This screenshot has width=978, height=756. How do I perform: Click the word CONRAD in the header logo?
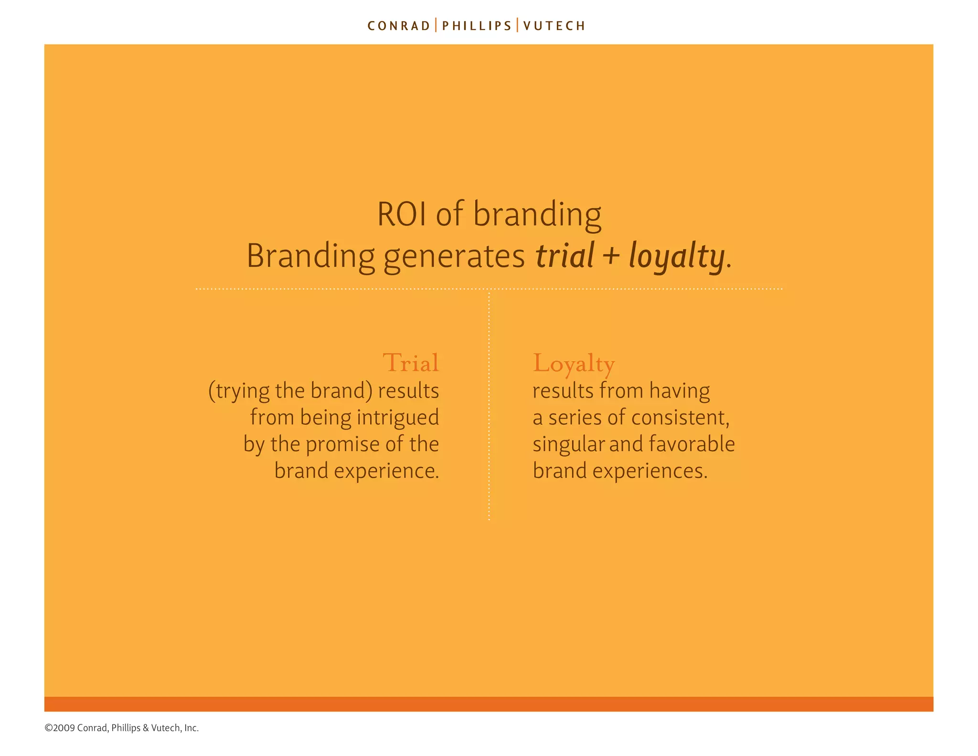click(399, 26)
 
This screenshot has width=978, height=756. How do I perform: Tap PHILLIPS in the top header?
click(477, 26)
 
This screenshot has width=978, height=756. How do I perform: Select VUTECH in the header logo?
click(554, 26)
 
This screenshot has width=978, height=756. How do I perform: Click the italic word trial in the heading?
click(564, 256)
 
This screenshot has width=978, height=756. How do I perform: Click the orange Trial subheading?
click(411, 363)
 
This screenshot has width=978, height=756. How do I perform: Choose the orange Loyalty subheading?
click(574, 364)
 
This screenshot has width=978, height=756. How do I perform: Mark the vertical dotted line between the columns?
click(489, 406)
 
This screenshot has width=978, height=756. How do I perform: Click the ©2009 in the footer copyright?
click(60, 728)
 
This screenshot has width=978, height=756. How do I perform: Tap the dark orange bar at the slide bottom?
click(489, 704)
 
